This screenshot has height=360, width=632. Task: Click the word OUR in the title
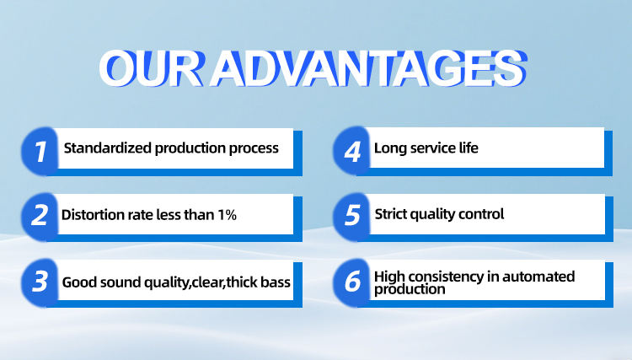pos(152,68)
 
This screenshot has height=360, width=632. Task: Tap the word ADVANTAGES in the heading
pos(368,68)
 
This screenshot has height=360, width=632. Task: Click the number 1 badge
pos(40,151)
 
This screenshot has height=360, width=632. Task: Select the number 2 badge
pos(40,217)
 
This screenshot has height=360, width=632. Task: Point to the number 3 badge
pos(40,282)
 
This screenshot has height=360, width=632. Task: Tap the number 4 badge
pos(351,151)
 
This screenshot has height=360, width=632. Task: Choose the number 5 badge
pos(351,217)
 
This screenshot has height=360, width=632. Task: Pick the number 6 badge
pos(351,282)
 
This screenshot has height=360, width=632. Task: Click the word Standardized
pos(108,148)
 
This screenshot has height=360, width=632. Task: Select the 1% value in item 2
pos(227,214)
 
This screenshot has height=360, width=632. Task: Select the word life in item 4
pos(469,148)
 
